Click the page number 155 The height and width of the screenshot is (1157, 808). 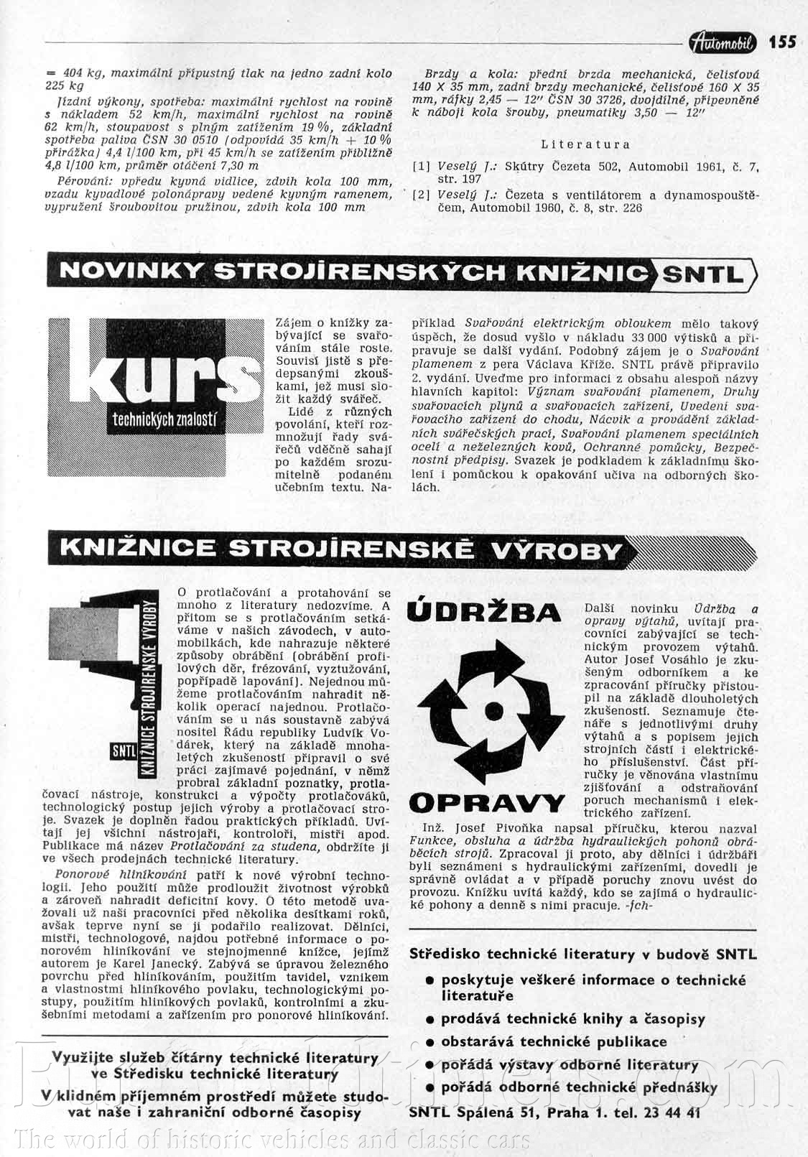[x=782, y=42]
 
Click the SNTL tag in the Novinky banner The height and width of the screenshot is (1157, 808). [x=703, y=274]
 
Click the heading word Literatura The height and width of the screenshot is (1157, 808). [x=585, y=144]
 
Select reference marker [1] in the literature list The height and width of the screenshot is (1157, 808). [x=422, y=167]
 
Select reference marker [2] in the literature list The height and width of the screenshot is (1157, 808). [x=422, y=195]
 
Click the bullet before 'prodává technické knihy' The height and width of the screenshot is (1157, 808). [x=429, y=1020]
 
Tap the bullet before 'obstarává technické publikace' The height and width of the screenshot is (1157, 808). [x=429, y=1042]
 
